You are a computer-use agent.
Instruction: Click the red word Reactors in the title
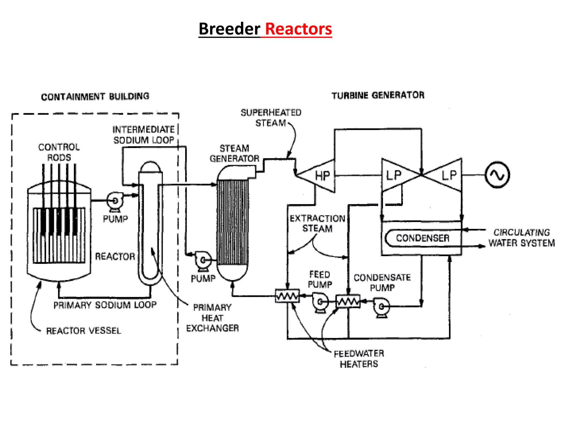(x=299, y=29)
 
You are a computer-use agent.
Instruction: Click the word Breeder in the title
(x=229, y=29)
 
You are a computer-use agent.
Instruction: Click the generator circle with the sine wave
(x=497, y=175)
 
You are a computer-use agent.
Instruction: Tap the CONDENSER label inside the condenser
(x=422, y=238)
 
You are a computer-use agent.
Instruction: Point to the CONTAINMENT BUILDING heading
(x=95, y=96)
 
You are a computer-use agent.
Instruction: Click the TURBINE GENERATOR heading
(x=378, y=95)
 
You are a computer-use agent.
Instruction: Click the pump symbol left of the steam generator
(x=203, y=260)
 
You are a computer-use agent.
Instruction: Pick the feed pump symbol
(x=320, y=302)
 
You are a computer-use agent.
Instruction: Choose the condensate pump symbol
(x=381, y=306)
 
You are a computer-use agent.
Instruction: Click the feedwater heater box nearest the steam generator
(x=287, y=296)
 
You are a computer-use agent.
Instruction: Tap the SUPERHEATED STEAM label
(x=271, y=118)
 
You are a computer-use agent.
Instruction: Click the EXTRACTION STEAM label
(x=317, y=223)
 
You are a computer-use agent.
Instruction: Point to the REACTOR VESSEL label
(x=83, y=330)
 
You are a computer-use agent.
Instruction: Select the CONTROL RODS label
(x=59, y=152)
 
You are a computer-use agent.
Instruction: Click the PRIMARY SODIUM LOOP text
(x=105, y=305)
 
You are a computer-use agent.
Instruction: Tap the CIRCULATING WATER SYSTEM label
(x=521, y=238)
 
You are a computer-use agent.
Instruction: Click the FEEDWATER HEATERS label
(x=359, y=359)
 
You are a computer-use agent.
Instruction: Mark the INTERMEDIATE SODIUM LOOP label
(x=143, y=135)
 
